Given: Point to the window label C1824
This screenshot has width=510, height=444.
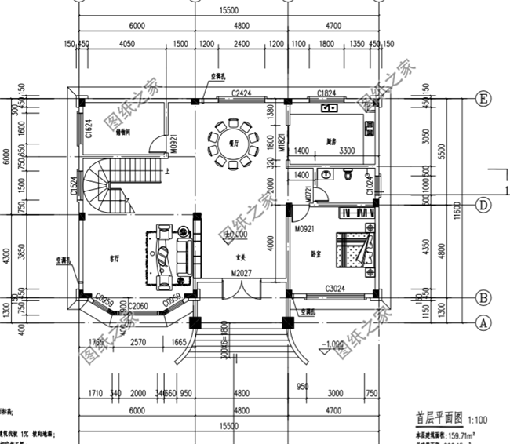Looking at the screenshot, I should (326, 94).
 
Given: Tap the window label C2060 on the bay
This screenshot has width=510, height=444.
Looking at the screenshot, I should (138, 305).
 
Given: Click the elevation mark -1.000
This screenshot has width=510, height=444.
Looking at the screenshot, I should (333, 343).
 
